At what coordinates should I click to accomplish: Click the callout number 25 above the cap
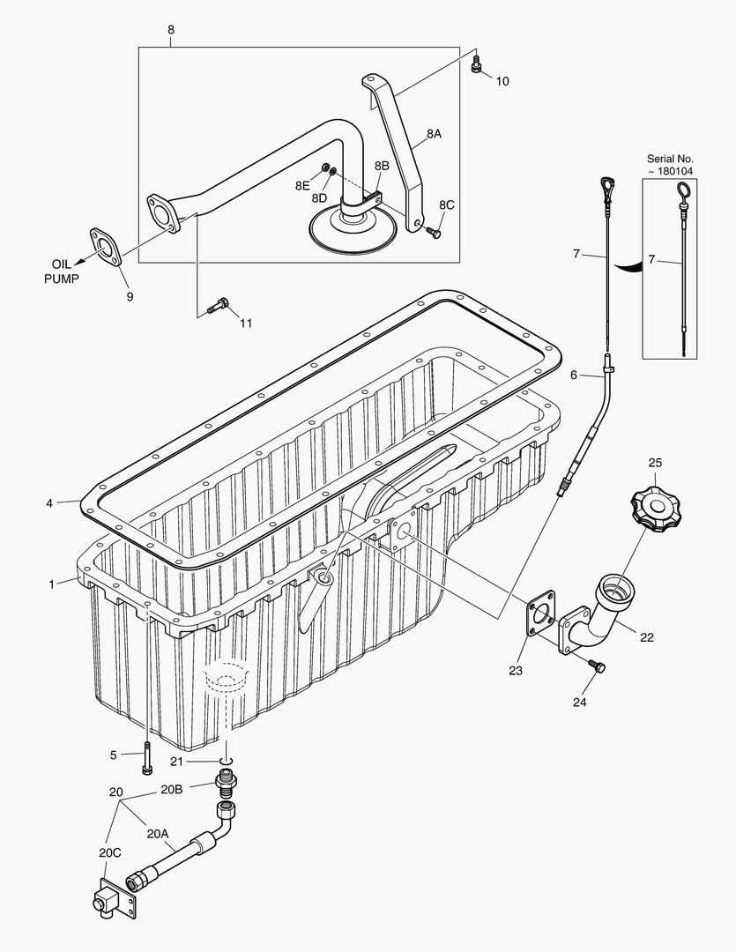point(655,462)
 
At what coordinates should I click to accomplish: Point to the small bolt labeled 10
point(478,63)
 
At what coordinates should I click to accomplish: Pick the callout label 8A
point(434,134)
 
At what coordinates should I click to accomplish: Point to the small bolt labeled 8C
point(432,232)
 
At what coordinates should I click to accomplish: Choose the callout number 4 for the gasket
point(50,503)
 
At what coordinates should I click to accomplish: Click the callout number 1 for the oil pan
point(51,583)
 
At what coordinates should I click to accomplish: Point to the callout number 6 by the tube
point(573,375)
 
